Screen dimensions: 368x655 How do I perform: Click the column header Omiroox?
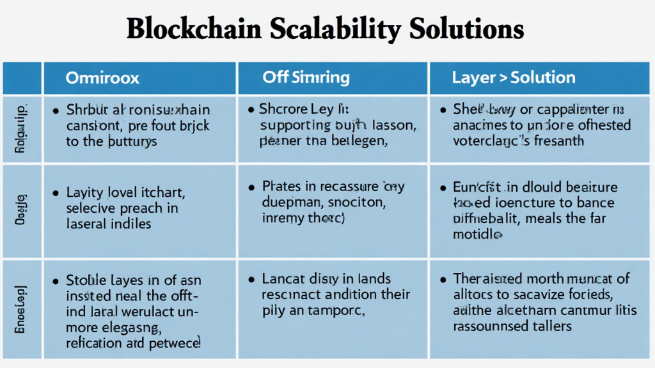[102, 79]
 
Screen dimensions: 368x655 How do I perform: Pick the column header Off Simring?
[306, 78]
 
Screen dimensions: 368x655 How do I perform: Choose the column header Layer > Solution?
[514, 78]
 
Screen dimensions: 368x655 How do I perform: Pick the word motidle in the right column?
[474, 234]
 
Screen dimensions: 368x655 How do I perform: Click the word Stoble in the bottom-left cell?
[84, 280]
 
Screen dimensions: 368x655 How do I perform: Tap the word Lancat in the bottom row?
[283, 279]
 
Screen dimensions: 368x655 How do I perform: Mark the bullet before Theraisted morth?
[443, 279]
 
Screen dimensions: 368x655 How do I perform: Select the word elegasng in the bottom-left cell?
[130, 327]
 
